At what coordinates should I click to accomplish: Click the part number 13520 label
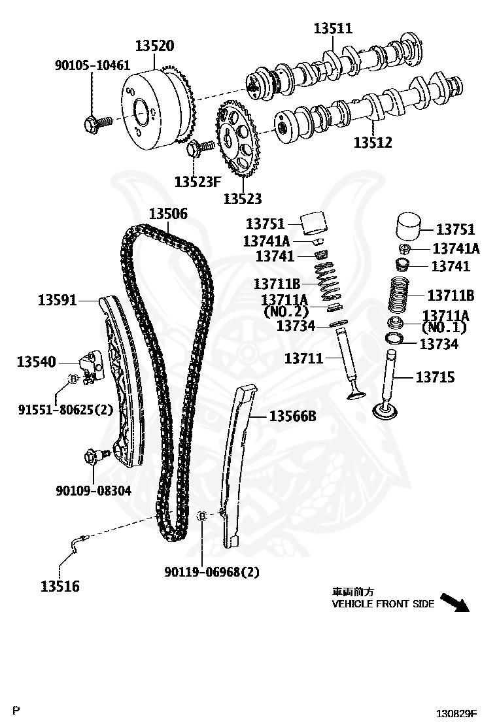[x=155, y=46]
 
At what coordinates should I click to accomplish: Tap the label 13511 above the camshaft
[x=333, y=28]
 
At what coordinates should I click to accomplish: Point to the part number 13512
[x=373, y=141]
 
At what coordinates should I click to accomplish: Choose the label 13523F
[x=197, y=181]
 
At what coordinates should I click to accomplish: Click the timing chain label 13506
[x=168, y=213]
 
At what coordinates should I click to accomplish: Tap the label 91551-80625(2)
[x=65, y=410]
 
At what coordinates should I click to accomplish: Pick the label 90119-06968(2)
[x=212, y=572]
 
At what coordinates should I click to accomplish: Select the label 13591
[x=57, y=300]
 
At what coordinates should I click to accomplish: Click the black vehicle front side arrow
[x=454, y=601]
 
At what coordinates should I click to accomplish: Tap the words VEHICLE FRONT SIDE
[x=383, y=604]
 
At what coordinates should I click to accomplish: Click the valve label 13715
[x=435, y=377]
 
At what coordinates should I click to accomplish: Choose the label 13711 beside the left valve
[x=303, y=358]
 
